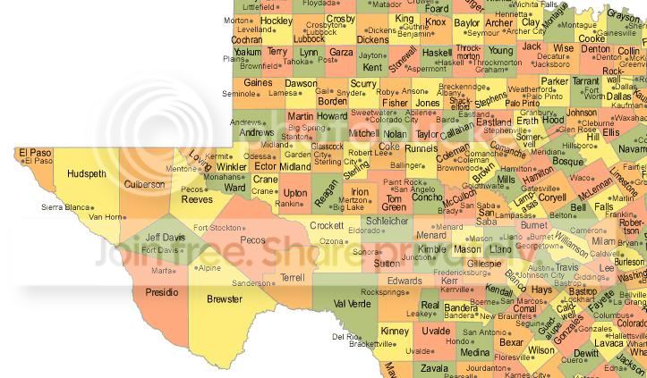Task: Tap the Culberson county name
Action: tap(144, 184)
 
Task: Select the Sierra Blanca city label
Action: tap(65, 207)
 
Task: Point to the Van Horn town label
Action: tap(106, 216)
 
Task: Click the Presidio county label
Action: tap(162, 291)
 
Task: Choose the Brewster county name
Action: tap(224, 298)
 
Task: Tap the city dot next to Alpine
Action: tap(194, 267)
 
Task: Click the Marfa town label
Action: tap(161, 271)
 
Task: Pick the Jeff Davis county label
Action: tap(165, 238)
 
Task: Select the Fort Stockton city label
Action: tap(217, 228)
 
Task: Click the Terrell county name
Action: tap(292, 278)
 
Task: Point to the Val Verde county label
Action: tap(352, 303)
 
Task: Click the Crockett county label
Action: tap(327, 226)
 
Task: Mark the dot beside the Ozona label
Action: tap(346, 241)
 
